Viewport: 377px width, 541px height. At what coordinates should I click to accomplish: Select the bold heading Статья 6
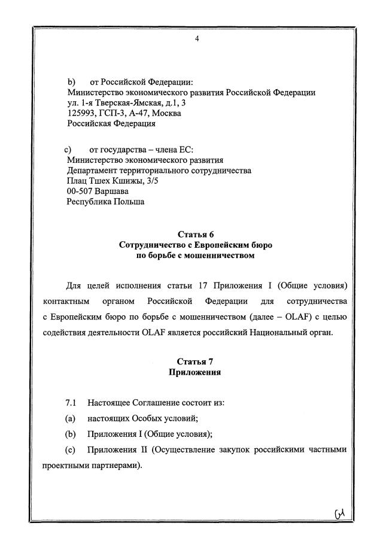[x=196, y=234]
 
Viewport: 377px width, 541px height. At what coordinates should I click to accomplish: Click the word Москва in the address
[x=167, y=113]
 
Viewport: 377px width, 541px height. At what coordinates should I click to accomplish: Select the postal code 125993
[x=81, y=113]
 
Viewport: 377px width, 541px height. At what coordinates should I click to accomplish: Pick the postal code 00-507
[x=80, y=191]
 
